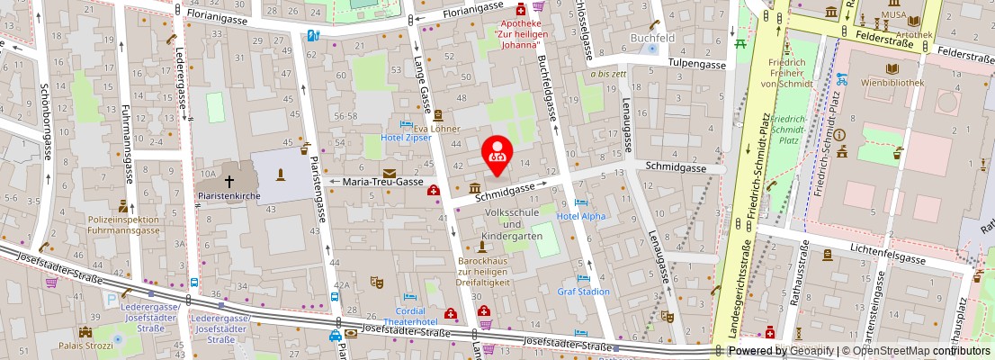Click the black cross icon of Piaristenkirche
(229, 181)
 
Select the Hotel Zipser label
(405, 137)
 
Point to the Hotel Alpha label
(580, 216)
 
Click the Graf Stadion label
(583, 291)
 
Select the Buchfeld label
(652, 39)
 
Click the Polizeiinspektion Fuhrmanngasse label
(123, 224)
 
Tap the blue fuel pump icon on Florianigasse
(313, 35)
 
